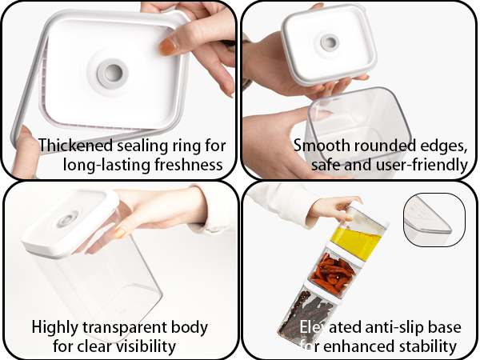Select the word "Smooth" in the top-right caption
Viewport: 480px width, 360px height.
coord(319,146)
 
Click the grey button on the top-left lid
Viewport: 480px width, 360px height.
coord(110,71)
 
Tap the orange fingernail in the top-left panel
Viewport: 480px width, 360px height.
coord(168,47)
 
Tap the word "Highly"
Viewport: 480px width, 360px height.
coord(55,327)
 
